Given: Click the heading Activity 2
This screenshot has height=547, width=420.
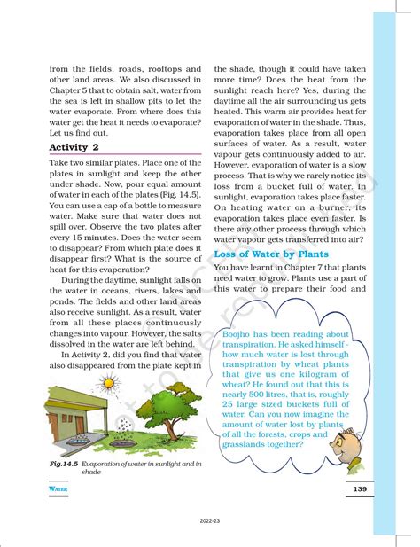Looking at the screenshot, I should (x=74, y=147).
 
